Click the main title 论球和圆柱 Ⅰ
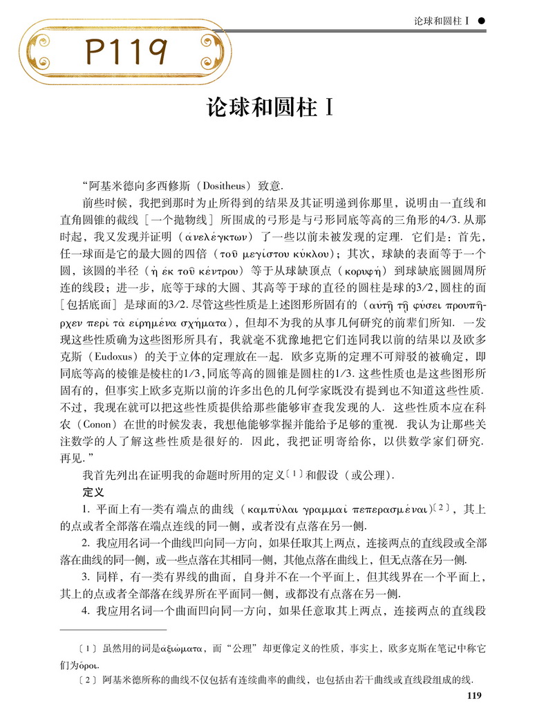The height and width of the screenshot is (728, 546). (272, 109)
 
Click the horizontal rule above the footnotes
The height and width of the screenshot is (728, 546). (113, 630)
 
